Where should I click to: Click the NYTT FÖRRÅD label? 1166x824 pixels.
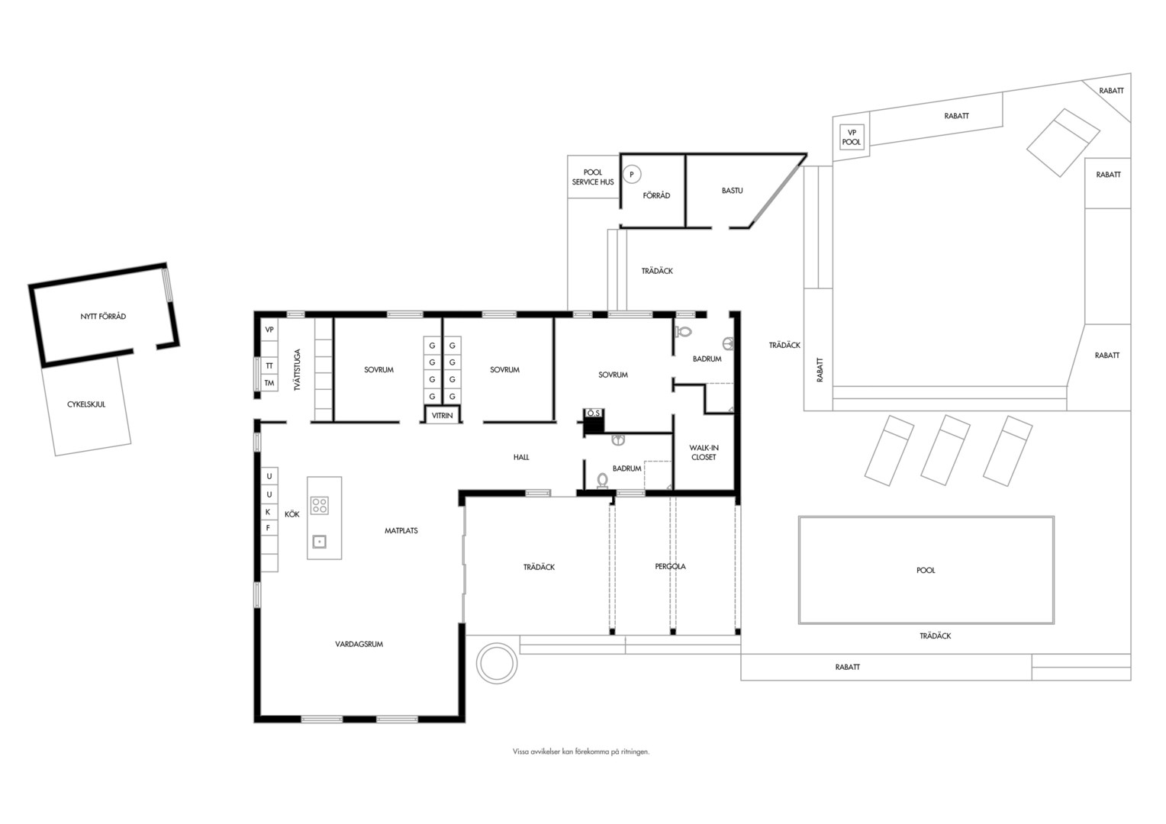point(103,316)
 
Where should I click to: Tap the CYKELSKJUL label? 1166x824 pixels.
point(86,404)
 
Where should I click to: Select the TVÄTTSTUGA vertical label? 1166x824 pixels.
point(298,369)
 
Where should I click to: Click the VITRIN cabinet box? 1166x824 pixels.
point(443,415)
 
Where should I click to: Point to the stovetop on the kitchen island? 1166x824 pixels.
point(319,505)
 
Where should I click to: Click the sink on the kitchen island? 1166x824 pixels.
point(319,542)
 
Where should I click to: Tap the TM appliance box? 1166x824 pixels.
point(269,383)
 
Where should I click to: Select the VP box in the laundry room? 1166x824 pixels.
point(269,330)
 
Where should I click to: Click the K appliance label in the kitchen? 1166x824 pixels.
point(269,512)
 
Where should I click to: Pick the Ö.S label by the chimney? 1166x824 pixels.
point(594,414)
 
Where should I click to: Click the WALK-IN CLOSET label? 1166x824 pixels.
point(704,452)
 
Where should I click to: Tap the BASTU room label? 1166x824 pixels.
point(732,191)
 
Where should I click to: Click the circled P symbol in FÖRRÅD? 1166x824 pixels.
point(632,175)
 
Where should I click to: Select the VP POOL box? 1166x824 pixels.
point(852,137)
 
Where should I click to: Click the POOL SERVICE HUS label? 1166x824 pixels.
point(593,177)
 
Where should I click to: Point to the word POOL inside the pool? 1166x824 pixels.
point(926,570)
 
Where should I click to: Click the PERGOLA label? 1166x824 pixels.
point(671,566)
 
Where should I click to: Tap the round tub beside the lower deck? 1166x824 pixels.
point(497,663)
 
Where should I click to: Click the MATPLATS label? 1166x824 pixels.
point(401,530)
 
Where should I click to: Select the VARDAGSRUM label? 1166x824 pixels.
point(359,644)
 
